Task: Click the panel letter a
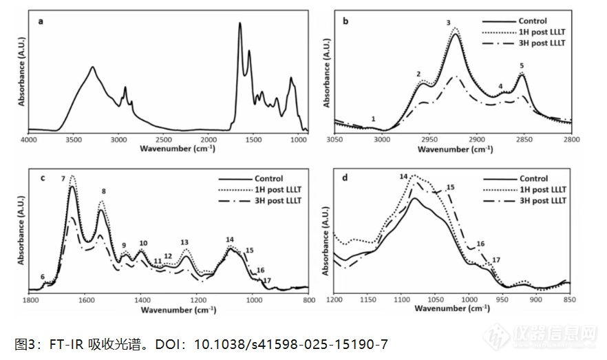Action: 41,21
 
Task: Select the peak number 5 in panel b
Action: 522,65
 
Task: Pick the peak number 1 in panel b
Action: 373,119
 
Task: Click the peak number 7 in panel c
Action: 63,179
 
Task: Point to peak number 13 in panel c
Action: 184,242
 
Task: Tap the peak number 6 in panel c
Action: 43,277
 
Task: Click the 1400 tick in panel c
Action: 142,301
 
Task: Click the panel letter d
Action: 345,178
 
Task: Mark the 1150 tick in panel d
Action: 368,301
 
